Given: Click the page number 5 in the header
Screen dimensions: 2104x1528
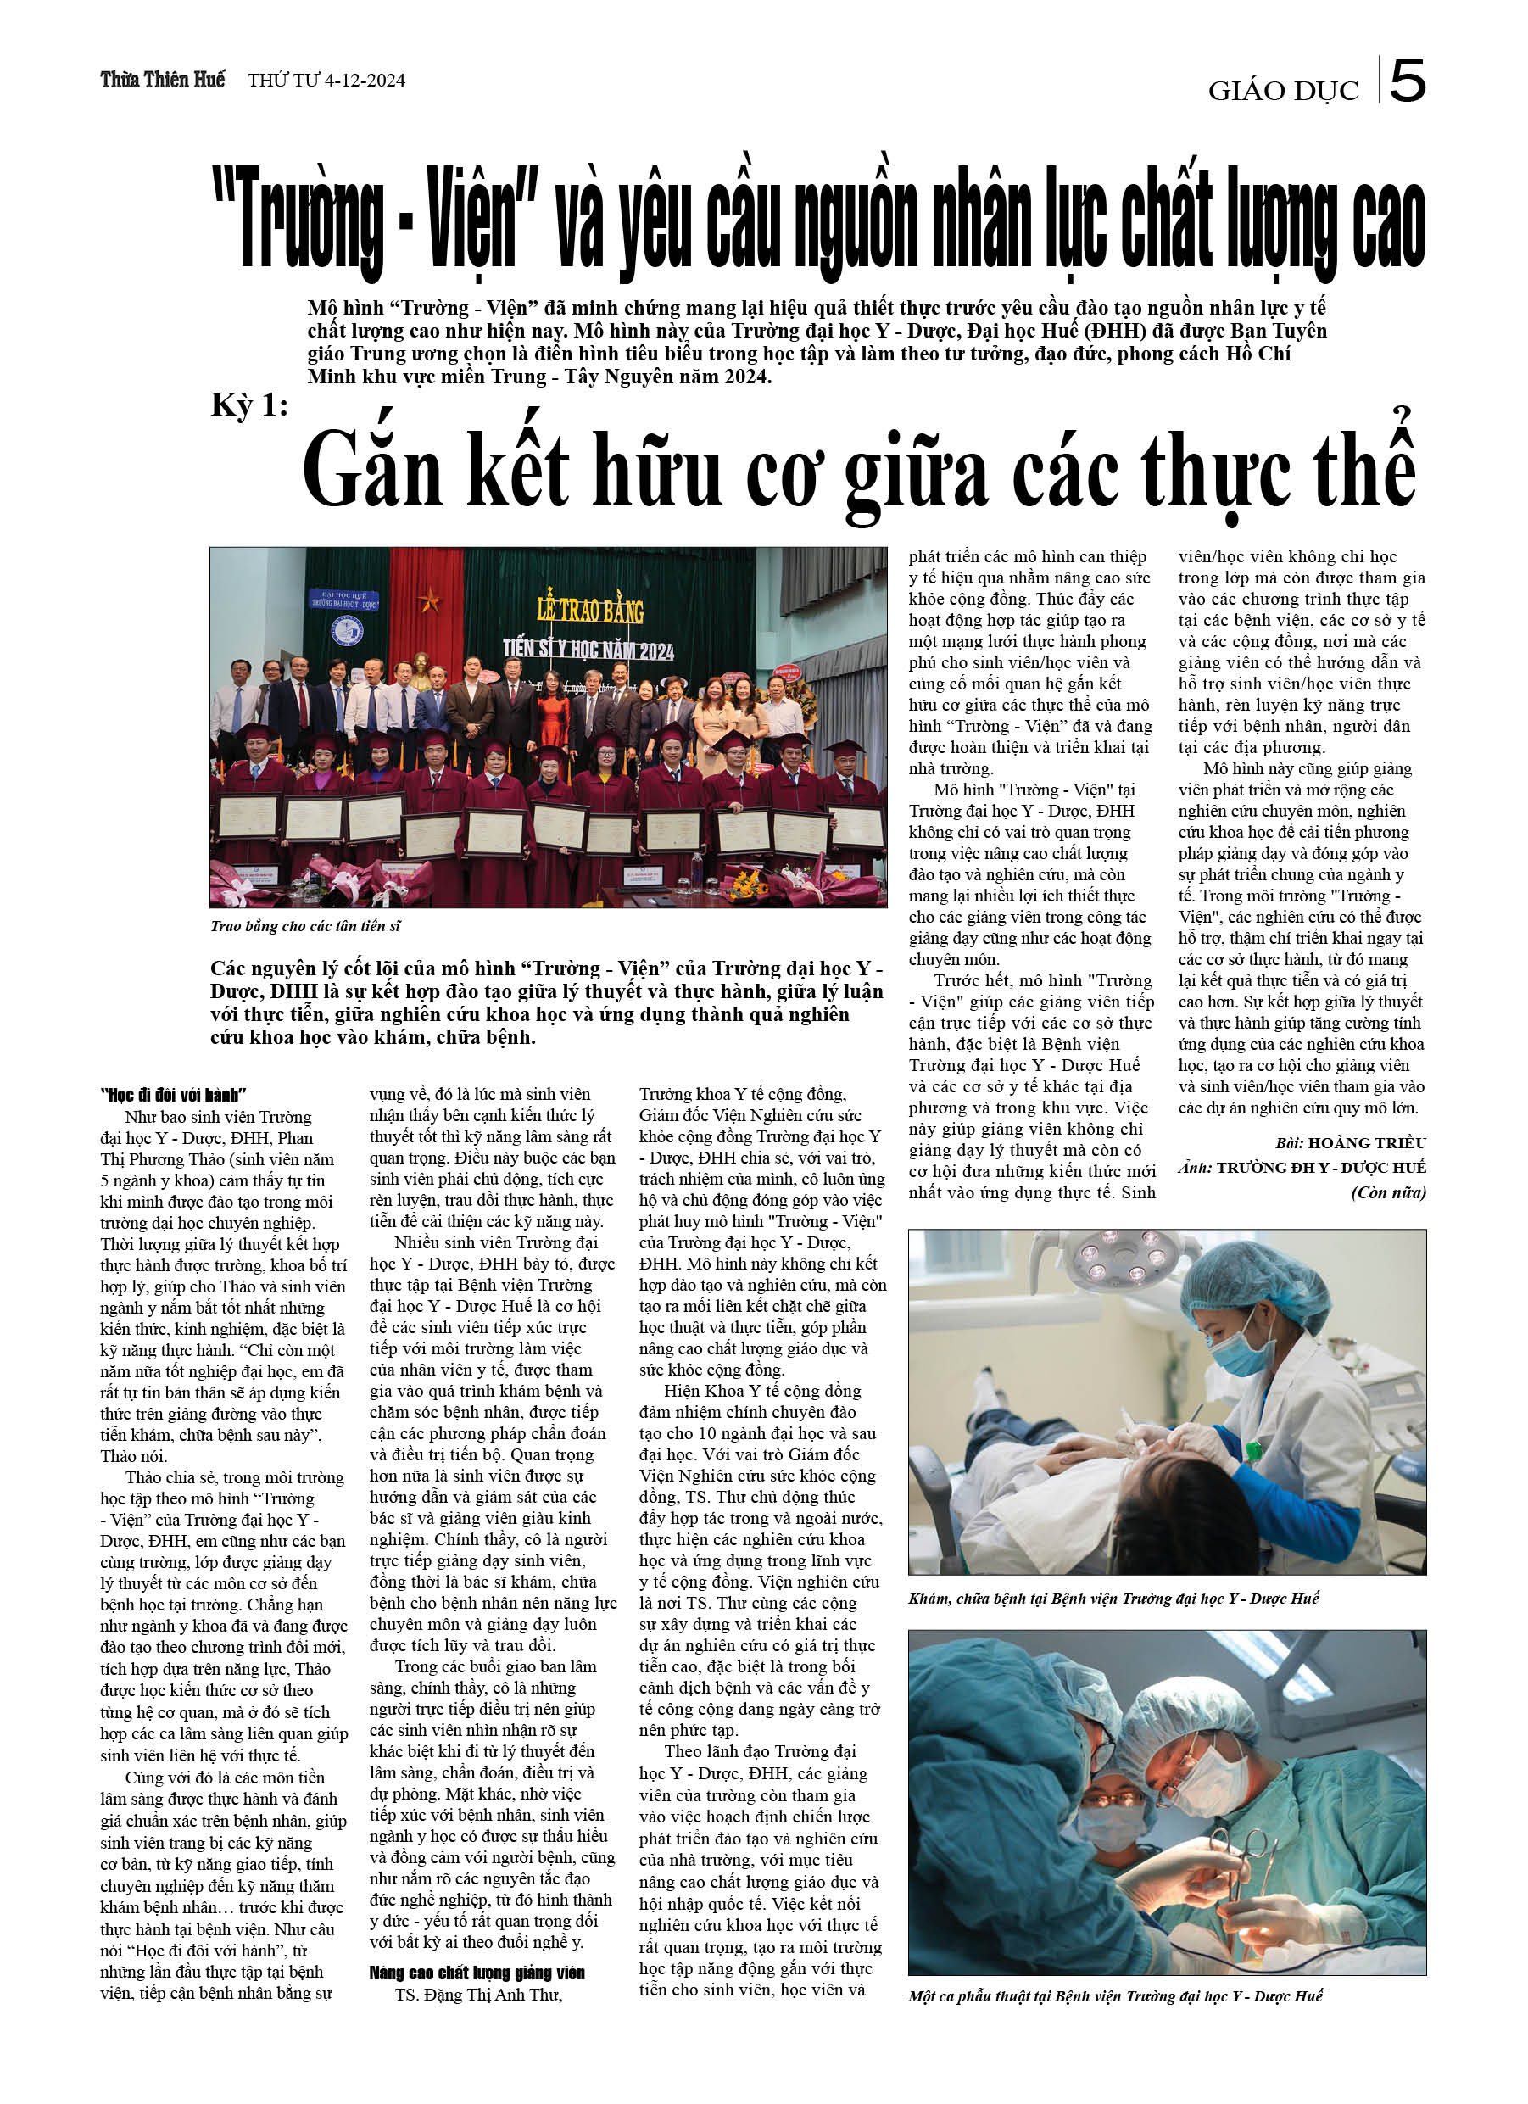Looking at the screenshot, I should [x=1408, y=81].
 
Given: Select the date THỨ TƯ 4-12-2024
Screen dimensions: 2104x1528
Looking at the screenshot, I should [x=326, y=81].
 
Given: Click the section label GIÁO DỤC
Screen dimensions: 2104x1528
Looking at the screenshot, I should [x=1282, y=91].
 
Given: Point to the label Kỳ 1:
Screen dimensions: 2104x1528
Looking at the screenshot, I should [x=248, y=405].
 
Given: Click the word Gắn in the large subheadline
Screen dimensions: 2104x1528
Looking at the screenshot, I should [x=372, y=472].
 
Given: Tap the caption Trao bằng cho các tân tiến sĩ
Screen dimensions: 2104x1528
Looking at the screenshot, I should [x=305, y=926].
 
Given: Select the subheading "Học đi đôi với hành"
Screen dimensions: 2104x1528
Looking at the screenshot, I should [x=173, y=1096].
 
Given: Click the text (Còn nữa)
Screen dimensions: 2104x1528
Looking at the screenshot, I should [x=1388, y=1193].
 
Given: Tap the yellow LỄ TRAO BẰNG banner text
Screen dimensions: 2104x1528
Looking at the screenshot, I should [x=590, y=610].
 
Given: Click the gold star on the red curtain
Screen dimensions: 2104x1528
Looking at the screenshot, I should [x=430, y=599].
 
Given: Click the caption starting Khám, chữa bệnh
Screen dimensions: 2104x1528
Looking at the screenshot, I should [x=1113, y=1599].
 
